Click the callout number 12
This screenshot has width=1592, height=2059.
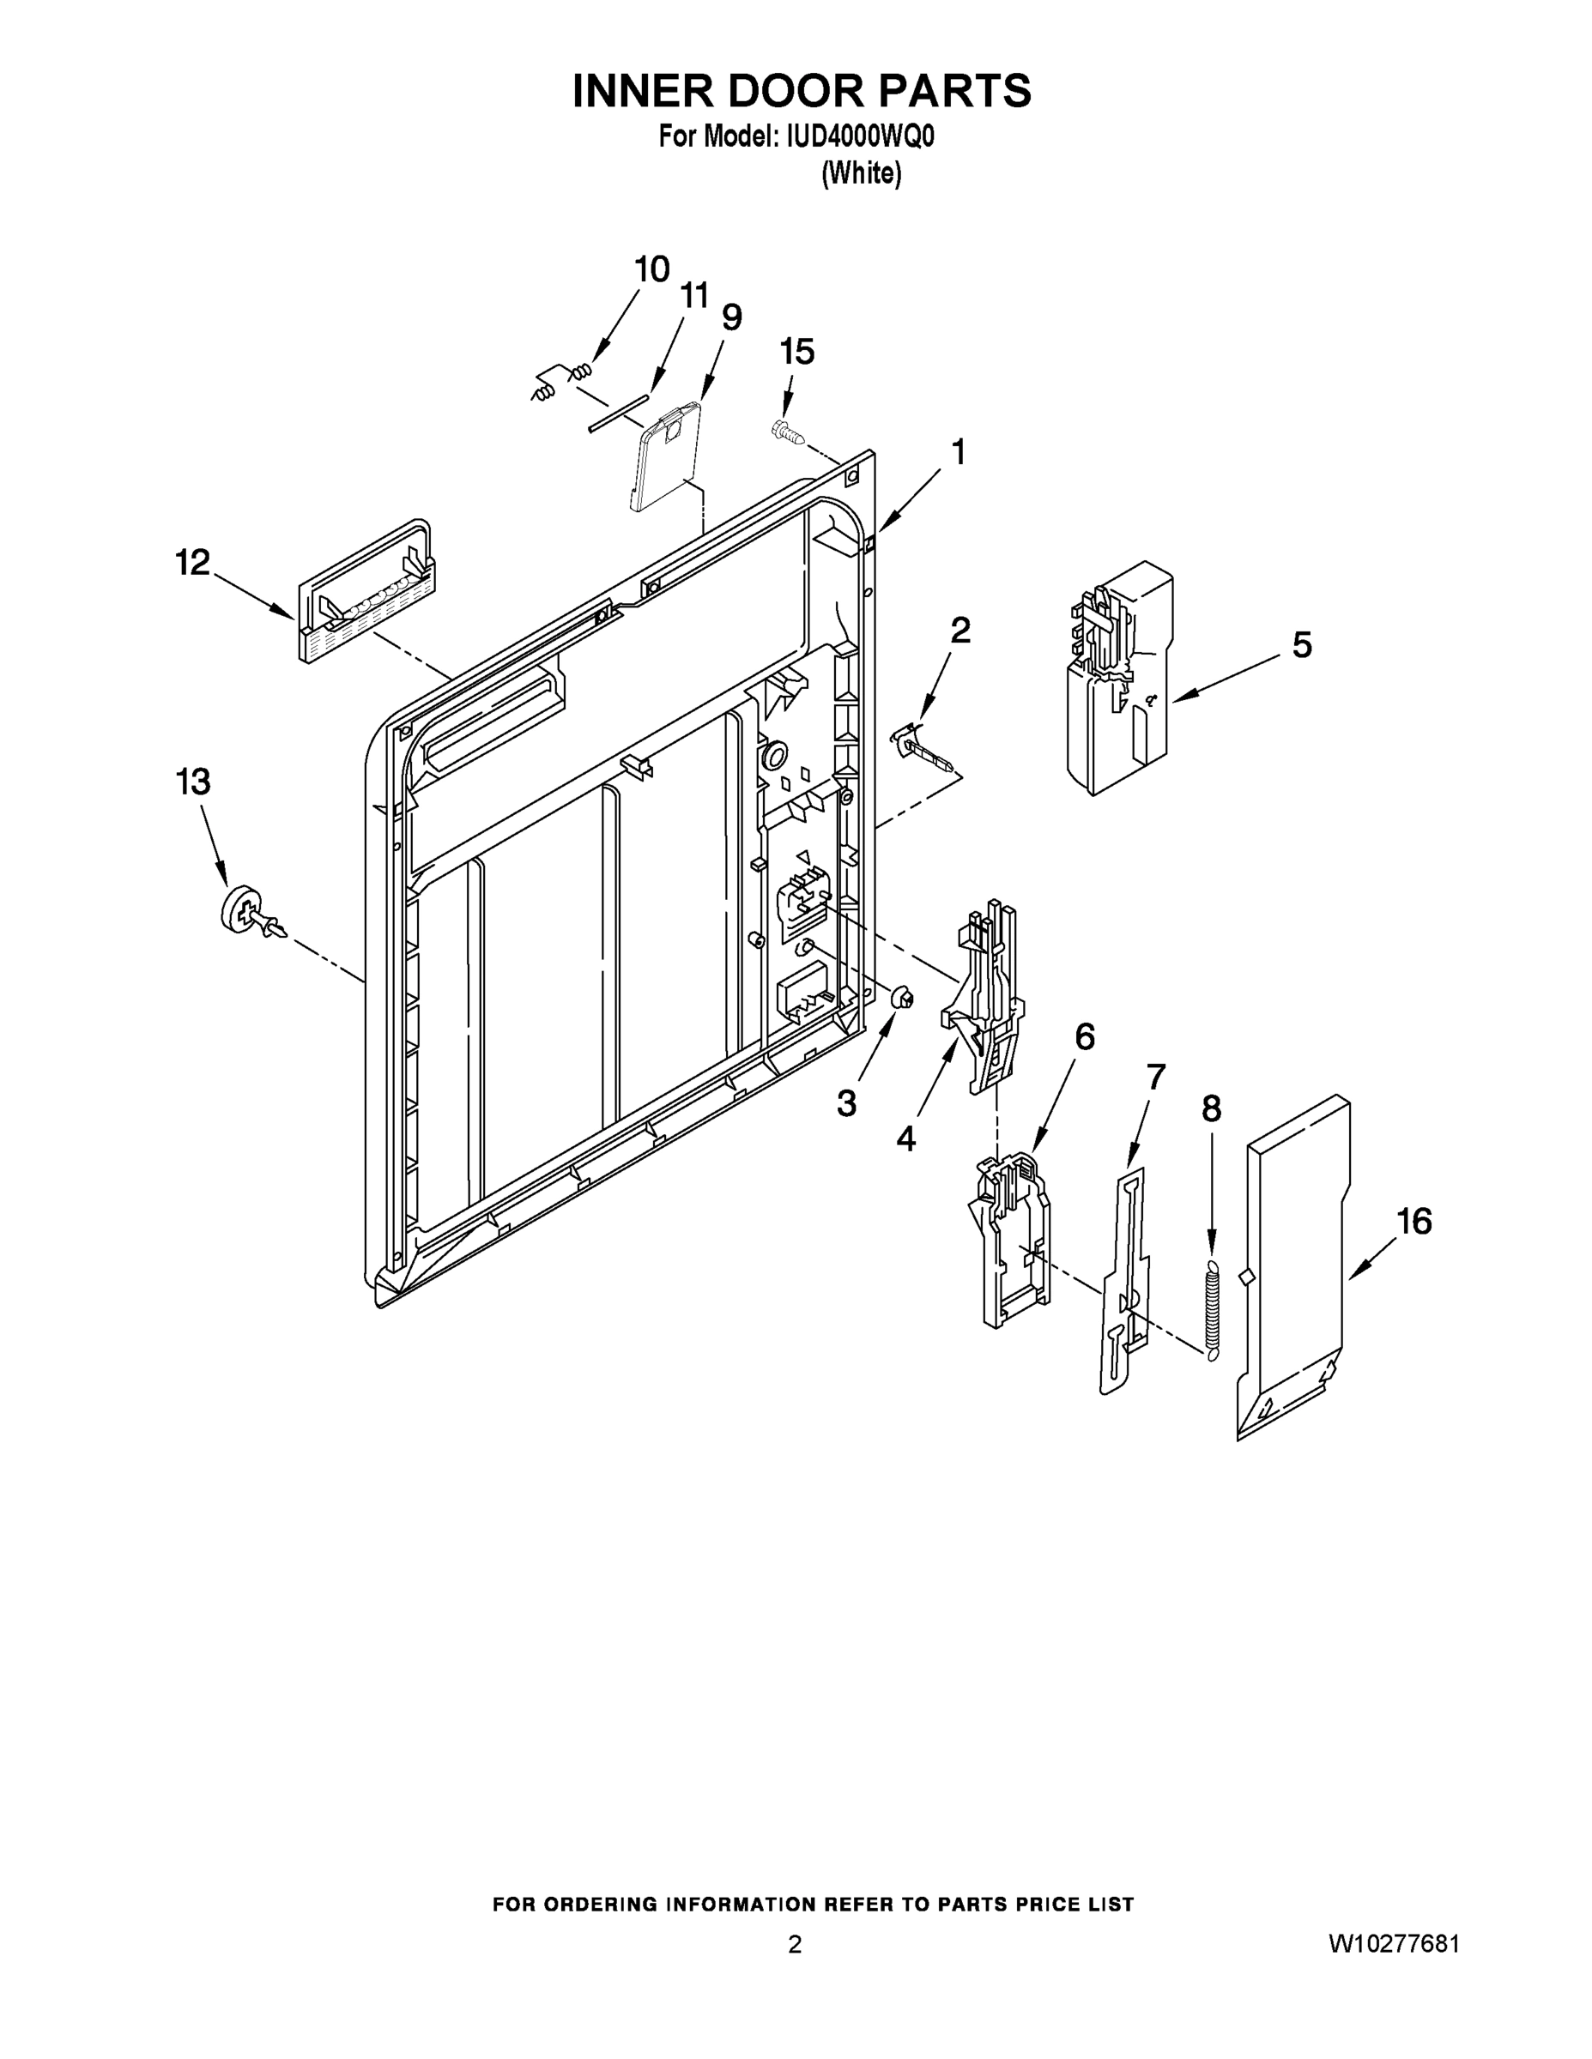click(192, 563)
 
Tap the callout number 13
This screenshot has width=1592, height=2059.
click(192, 782)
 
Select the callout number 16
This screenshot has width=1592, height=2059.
click(1413, 1221)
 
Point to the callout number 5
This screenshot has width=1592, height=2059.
click(1302, 646)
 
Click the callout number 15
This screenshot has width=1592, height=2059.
click(796, 352)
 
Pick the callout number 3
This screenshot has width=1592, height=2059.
click(846, 1103)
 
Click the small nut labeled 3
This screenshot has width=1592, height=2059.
click(902, 995)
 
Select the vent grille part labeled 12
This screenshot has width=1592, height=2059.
click(366, 593)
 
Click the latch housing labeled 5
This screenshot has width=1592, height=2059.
click(1119, 679)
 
